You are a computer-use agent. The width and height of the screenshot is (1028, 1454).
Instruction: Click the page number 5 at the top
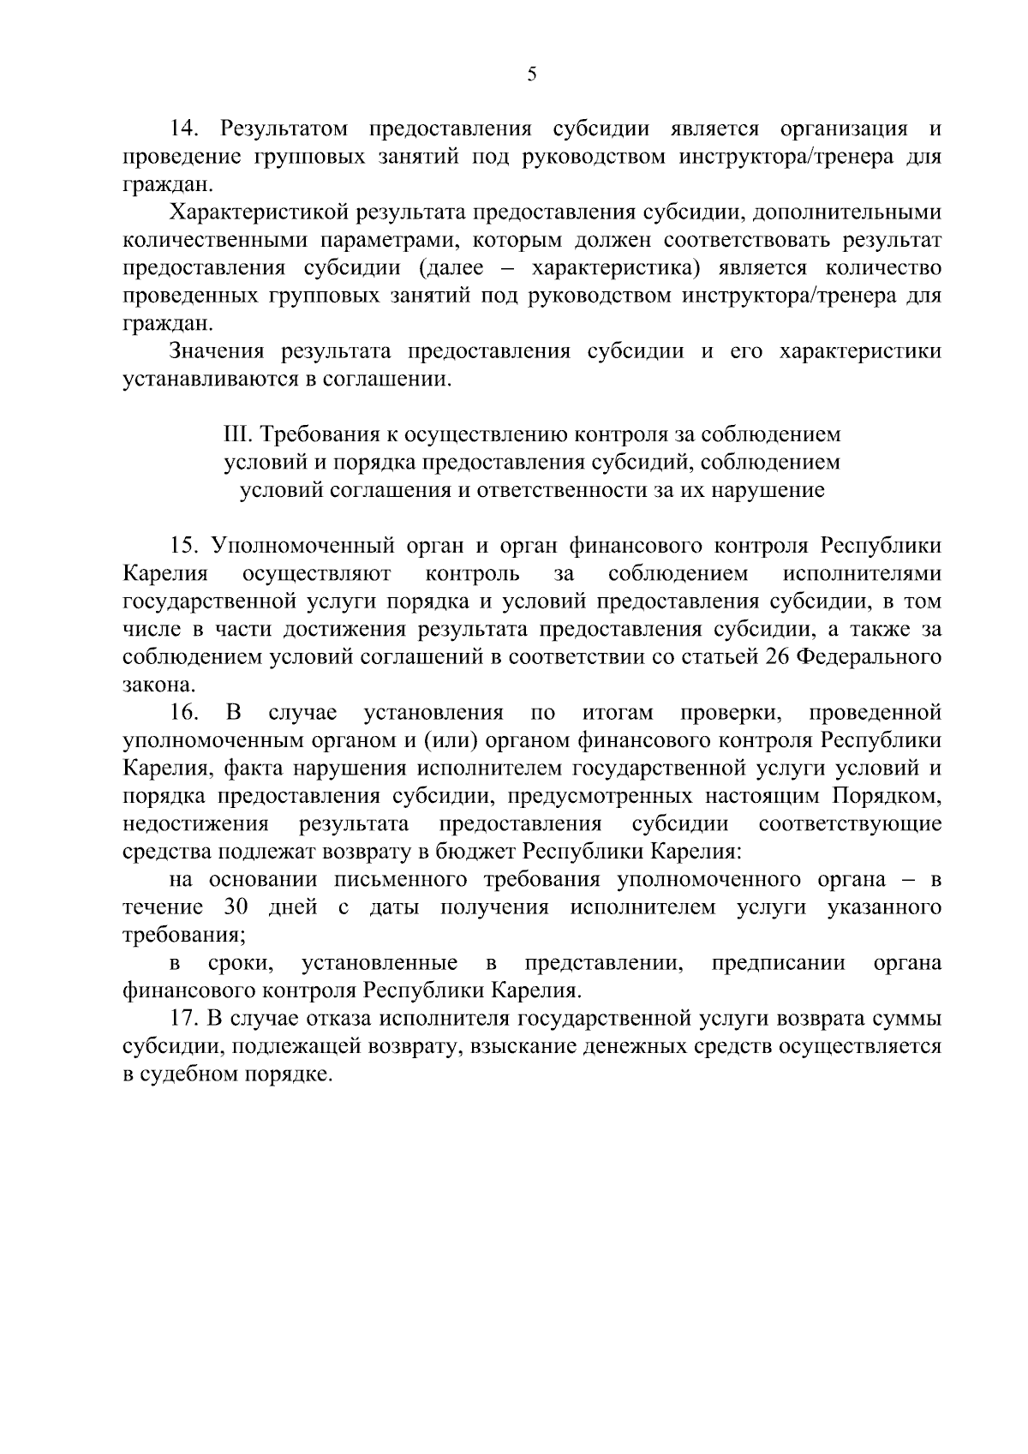tap(531, 75)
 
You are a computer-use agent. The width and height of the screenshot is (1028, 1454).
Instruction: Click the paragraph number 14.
tap(185, 129)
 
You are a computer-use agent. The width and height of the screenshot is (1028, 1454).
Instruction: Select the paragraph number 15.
tap(185, 546)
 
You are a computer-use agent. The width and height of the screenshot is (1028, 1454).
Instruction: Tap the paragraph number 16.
tap(185, 713)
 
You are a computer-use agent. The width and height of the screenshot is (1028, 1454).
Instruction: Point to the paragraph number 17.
tap(185, 1020)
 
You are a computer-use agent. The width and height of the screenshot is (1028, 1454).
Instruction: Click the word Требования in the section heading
tap(322, 434)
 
